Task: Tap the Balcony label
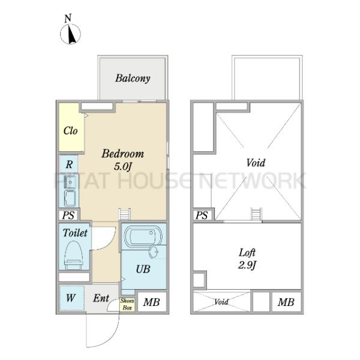coord(133,78)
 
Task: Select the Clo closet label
coord(70,131)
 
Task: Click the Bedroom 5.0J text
coord(123,160)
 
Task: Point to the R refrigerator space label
coord(69,164)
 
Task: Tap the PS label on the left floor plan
coord(68,215)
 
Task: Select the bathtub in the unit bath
coord(143,236)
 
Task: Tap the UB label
coord(143,269)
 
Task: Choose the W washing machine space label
coord(70,298)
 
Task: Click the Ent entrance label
coord(101,298)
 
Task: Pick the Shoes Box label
coord(127,304)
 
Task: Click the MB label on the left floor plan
coord(151,302)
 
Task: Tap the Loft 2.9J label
coord(247,259)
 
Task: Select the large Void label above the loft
coord(256,163)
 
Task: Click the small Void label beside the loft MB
coord(221,302)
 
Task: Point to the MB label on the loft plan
coord(286,302)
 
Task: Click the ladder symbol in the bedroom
coord(125,214)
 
